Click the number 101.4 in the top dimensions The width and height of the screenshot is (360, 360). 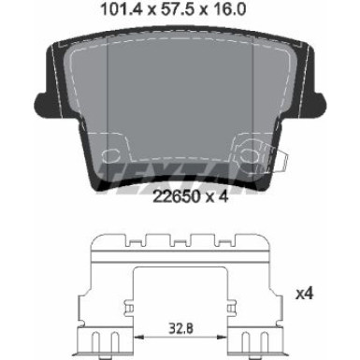click(x=121, y=9)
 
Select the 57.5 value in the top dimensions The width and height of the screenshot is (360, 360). click(x=177, y=9)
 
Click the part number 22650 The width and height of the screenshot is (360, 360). click(x=176, y=196)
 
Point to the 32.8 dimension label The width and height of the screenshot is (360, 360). click(x=180, y=328)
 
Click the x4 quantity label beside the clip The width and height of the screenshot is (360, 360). click(x=304, y=294)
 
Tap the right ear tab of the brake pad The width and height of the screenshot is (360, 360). click(x=319, y=104)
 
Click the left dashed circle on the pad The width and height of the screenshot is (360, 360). click(x=110, y=155)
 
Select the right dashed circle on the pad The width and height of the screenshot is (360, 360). click(x=249, y=155)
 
